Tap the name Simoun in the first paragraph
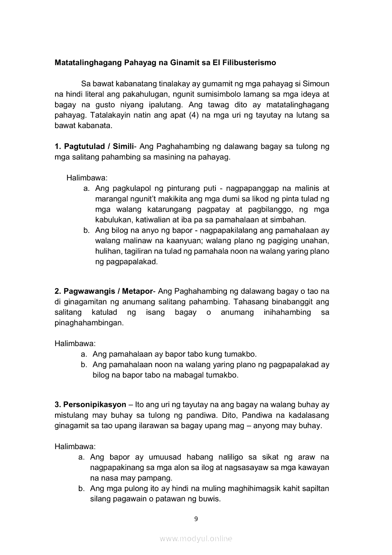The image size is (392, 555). [x=316, y=84]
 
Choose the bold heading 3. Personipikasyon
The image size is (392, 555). [x=90, y=404]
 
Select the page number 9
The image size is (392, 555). [x=196, y=518]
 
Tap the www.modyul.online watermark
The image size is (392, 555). [x=196, y=538]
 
